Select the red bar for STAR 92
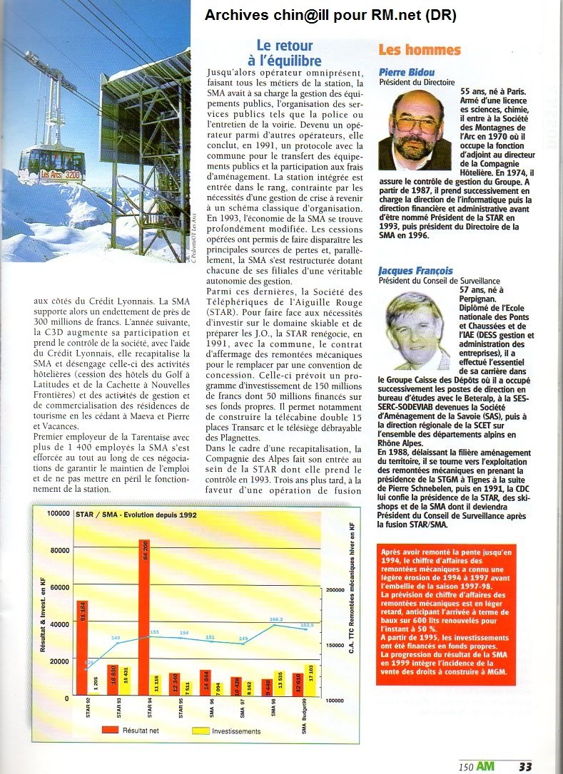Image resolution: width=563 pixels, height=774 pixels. pos(83,649)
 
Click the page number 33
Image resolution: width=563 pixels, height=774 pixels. pos(525,767)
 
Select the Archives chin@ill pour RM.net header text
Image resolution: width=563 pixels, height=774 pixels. pos(330,15)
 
